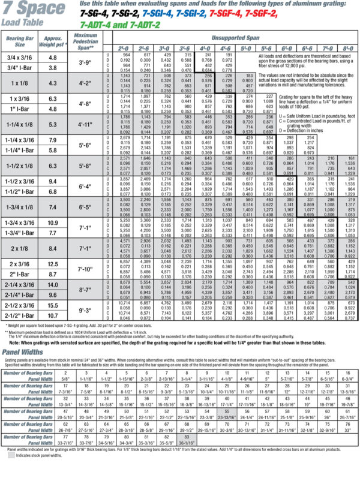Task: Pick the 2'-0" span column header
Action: coord(124,47)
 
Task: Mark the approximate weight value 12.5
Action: coord(53,264)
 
